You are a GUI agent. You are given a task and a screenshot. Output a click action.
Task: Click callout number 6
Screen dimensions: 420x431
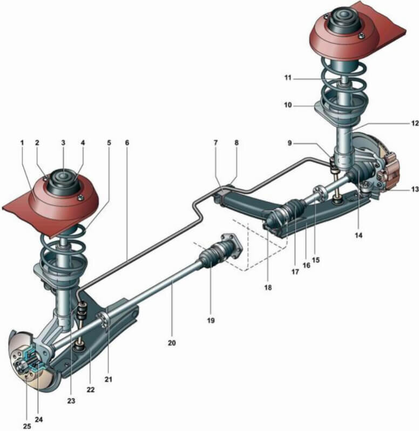tap(127, 143)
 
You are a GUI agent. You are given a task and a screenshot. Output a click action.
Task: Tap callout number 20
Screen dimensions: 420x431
tap(172, 343)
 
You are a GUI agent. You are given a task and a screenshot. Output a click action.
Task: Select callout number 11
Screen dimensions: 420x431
tap(288, 78)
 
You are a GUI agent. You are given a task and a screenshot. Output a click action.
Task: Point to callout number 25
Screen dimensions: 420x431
tap(26, 426)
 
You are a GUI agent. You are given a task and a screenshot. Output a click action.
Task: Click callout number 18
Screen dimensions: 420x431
tap(268, 288)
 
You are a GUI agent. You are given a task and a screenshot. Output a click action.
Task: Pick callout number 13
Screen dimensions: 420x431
tap(415, 189)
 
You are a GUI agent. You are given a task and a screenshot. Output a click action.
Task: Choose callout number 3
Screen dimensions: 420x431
tap(63, 143)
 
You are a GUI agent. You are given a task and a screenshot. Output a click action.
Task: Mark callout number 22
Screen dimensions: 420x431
tap(91, 390)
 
